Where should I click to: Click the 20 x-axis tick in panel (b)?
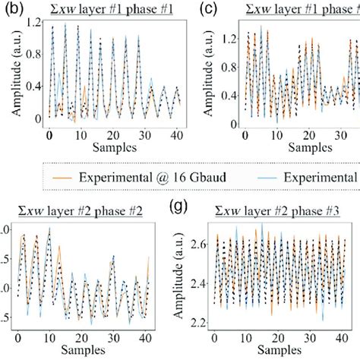tap(115, 135)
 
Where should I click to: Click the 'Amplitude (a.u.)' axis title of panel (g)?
tap(179, 276)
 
